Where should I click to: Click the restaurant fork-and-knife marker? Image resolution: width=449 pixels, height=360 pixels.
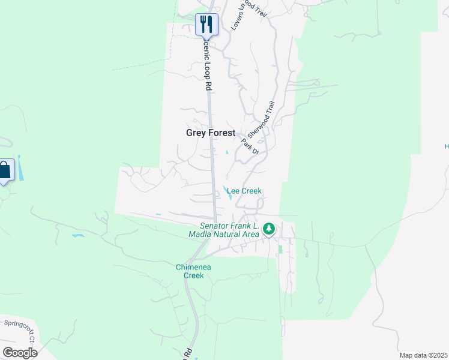(x=206, y=25)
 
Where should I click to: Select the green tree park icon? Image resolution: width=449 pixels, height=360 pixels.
(x=270, y=228)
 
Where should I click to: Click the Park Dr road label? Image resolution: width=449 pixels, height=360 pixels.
(x=250, y=146)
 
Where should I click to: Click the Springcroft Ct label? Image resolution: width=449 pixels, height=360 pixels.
(x=20, y=326)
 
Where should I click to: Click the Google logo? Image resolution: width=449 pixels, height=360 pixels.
(x=20, y=353)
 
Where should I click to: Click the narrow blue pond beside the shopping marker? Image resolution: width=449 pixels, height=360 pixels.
(x=20, y=169)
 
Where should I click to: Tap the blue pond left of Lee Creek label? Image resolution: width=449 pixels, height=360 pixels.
(x=229, y=193)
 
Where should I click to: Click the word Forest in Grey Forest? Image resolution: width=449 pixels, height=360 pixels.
(x=221, y=133)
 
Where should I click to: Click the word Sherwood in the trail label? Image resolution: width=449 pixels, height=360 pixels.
(x=258, y=125)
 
